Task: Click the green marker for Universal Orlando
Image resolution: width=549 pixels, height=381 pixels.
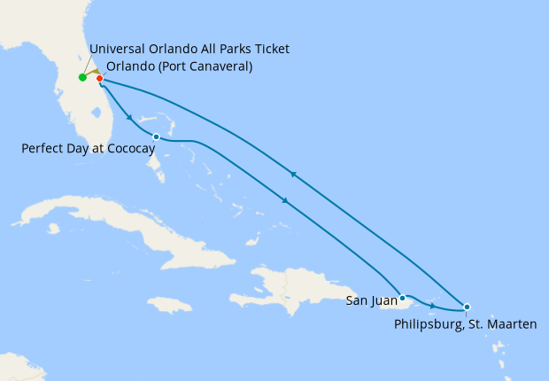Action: pyautogui.click(x=82, y=77)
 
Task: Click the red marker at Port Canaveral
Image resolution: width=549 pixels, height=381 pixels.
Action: pyautogui.click(x=99, y=78)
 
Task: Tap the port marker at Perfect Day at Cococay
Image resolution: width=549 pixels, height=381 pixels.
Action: pyautogui.click(x=156, y=136)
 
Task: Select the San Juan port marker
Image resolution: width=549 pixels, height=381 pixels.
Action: pyautogui.click(x=402, y=298)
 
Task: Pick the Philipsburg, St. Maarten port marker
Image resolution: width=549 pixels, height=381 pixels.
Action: pyautogui.click(x=467, y=307)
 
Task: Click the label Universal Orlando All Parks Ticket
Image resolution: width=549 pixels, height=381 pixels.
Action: pyautogui.click(x=189, y=48)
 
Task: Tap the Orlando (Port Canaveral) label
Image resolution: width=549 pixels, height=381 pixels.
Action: pyautogui.click(x=179, y=66)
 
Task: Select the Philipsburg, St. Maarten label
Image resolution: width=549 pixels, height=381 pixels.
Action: pyautogui.click(x=465, y=325)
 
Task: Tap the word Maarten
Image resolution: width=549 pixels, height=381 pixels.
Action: pyautogui.click(x=512, y=325)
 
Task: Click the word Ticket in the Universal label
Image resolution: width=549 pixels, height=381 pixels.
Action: pyautogui.click(x=271, y=48)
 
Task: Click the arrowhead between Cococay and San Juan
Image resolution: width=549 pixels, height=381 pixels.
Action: pyautogui.click(x=285, y=202)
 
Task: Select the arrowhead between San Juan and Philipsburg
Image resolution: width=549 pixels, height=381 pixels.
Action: pyautogui.click(x=431, y=306)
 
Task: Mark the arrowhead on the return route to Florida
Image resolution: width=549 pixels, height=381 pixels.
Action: pyautogui.click(x=292, y=174)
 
